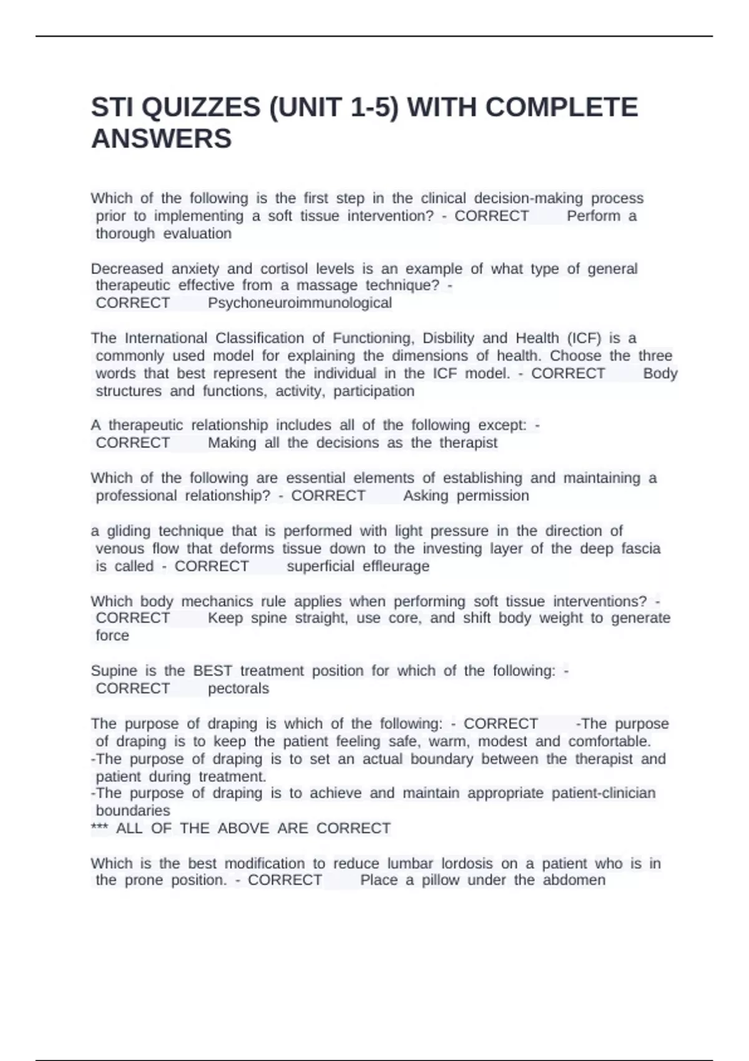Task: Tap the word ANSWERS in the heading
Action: (161, 139)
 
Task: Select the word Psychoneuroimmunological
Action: (300, 303)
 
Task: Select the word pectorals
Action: (238, 688)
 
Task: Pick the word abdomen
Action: (574, 880)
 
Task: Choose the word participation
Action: (373, 391)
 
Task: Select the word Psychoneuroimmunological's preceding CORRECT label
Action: (132, 303)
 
